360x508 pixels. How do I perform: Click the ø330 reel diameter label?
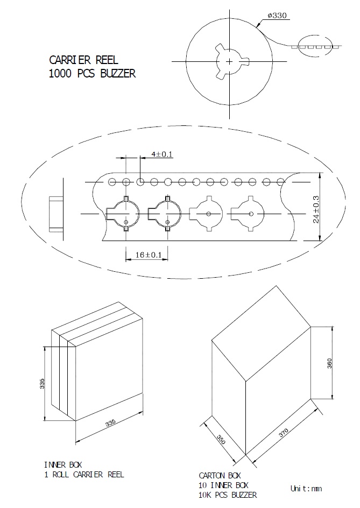(277, 16)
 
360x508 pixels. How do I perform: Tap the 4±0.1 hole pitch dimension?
(161, 154)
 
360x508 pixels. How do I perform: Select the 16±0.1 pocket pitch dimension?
(148, 255)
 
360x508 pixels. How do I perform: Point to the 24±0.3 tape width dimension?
(316, 209)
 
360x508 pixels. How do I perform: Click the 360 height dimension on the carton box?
(329, 363)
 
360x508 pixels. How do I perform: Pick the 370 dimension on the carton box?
(284, 433)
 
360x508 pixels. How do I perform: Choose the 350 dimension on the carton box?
(221, 439)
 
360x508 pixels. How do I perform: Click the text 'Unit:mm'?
(306, 489)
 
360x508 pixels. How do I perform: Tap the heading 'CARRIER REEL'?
(83, 60)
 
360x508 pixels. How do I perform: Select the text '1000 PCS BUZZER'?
(92, 74)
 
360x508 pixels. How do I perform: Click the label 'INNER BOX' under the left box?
(63, 465)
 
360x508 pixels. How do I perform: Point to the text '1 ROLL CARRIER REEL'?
(84, 475)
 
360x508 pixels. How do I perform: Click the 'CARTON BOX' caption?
(220, 476)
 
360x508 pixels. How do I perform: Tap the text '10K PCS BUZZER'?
(228, 495)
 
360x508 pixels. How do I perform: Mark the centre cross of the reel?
(229, 61)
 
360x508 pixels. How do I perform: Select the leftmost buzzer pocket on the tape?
(123, 214)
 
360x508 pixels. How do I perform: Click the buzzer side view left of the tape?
(56, 214)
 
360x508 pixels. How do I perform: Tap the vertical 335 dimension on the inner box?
(42, 384)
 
